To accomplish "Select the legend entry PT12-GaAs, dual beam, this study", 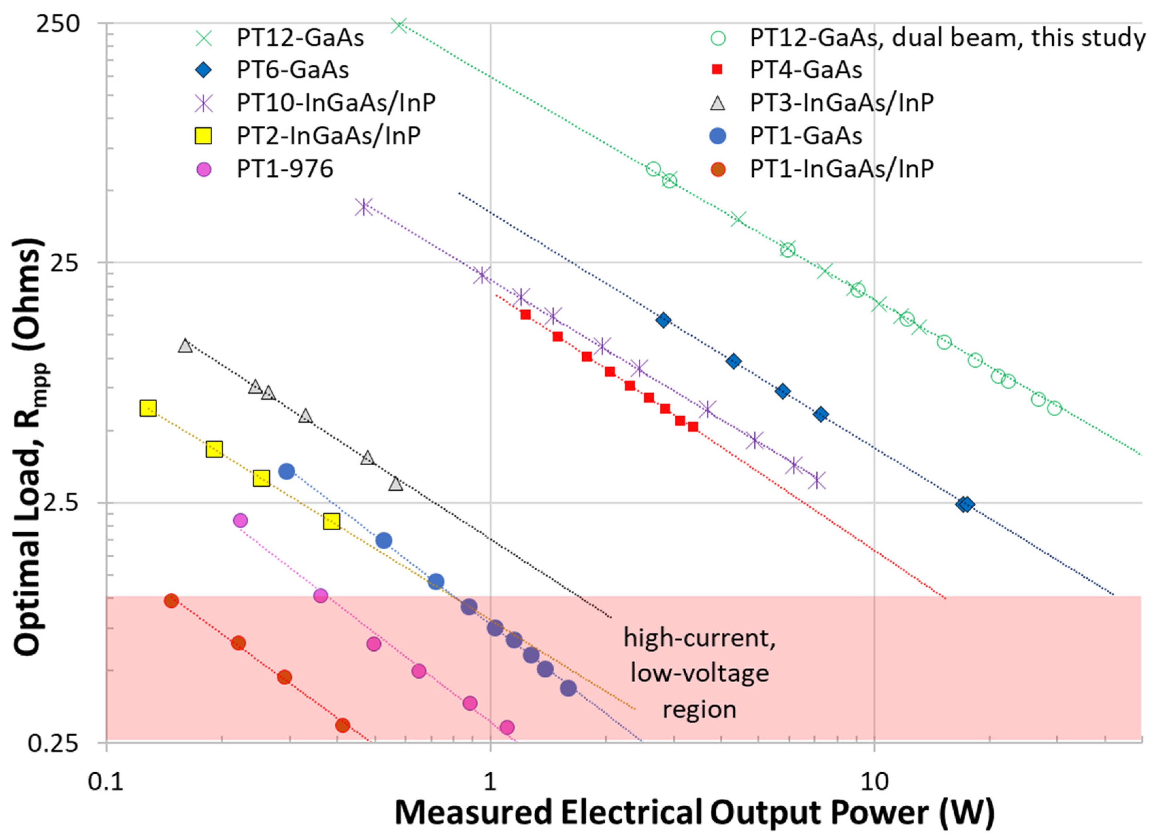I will click(x=947, y=38).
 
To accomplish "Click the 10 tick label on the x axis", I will click(x=874, y=782).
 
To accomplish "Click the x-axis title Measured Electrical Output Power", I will click(x=694, y=813).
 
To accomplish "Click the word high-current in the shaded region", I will click(x=699, y=638).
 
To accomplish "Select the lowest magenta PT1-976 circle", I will click(x=507, y=727).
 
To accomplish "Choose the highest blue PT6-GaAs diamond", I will click(x=663, y=320).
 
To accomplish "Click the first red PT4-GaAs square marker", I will click(x=525, y=315).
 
